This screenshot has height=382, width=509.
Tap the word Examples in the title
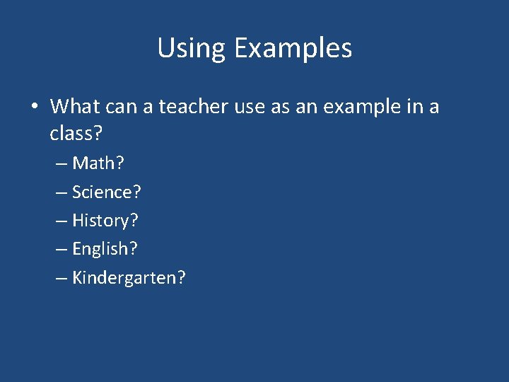(293, 48)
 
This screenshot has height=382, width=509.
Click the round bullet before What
(33, 108)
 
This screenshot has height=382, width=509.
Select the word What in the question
(75, 107)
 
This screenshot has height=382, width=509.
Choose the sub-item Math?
(98, 163)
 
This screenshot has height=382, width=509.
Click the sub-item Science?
(107, 192)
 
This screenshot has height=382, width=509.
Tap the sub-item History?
(105, 221)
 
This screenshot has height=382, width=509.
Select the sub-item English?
(105, 249)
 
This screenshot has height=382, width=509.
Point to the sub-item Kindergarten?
(129, 277)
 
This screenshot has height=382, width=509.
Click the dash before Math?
(62, 164)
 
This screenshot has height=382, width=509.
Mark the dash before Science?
(62, 192)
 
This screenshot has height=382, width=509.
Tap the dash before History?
(62, 221)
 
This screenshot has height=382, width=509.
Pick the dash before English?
(62, 250)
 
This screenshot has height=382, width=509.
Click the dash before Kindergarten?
(62, 278)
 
